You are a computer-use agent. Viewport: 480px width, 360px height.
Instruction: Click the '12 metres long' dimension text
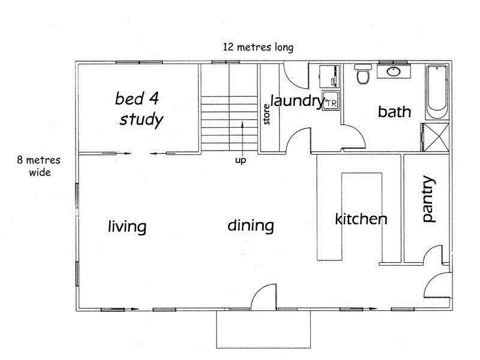pos(258,47)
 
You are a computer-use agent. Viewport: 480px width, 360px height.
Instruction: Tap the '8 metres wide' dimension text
pos(38,166)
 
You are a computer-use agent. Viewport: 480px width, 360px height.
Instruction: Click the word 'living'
pos(127,227)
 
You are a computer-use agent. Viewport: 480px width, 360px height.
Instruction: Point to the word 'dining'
pos(251,226)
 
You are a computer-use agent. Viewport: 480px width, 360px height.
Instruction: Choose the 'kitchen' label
pos(361,219)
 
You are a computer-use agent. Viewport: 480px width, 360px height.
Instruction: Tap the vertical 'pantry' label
pos(428,199)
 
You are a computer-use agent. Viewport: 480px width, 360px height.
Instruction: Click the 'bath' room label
pos(394,112)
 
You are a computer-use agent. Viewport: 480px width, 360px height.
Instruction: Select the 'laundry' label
pos(297,101)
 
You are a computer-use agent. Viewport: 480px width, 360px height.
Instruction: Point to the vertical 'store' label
pos(266,114)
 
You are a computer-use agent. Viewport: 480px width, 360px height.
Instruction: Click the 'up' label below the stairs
pos(241,160)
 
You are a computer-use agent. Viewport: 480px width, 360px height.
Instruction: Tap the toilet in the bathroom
pos(363,74)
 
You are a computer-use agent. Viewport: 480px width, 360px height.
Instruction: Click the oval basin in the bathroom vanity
pos(394,71)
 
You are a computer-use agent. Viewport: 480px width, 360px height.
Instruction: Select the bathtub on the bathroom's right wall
pos(437,92)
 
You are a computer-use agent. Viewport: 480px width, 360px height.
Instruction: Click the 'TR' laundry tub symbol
pos(331,100)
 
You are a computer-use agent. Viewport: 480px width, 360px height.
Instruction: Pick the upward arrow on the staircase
pos(242,139)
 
